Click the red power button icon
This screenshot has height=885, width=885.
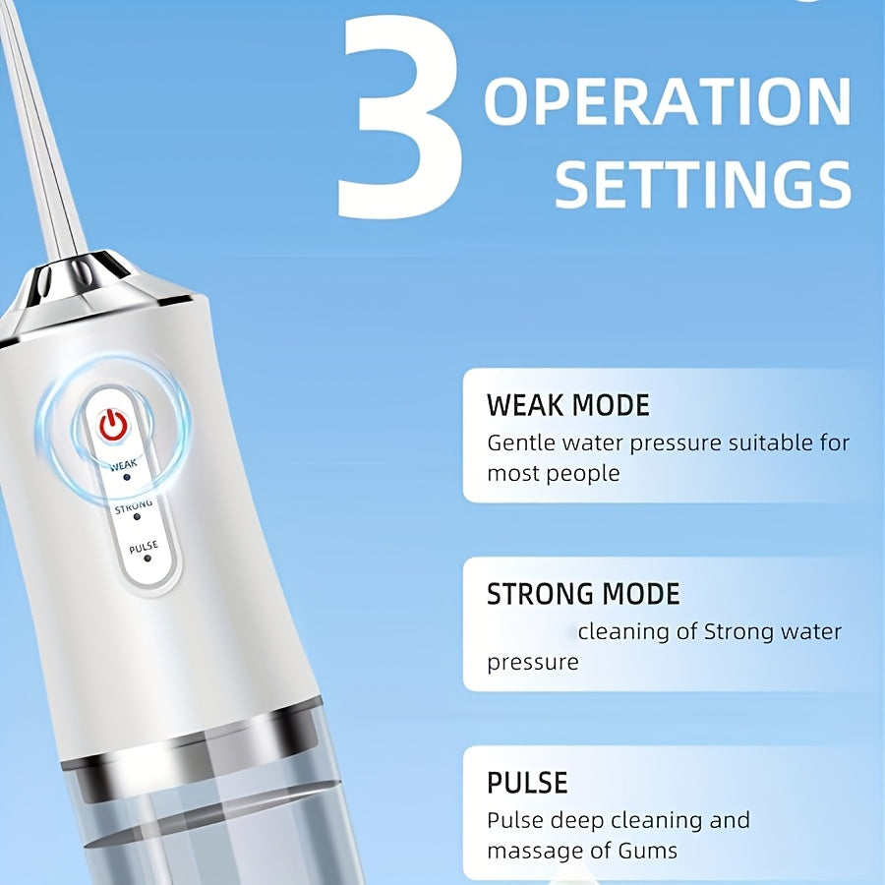[x=113, y=425]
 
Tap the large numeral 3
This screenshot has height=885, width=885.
[x=401, y=117]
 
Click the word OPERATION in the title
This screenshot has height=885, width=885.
[x=668, y=101]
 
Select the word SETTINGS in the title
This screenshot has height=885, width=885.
[x=703, y=184]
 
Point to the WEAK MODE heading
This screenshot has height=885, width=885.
[x=568, y=405]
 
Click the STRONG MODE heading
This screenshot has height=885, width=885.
[x=583, y=594]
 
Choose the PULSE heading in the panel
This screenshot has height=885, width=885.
[x=527, y=783]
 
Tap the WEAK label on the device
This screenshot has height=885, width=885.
[x=123, y=465]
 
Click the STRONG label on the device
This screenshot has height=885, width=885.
[x=134, y=506]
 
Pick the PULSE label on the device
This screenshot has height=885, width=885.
[x=144, y=547]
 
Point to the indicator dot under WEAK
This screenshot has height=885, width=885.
[x=127, y=478]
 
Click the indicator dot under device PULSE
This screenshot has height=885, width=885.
[x=147, y=559]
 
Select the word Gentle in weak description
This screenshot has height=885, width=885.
[x=521, y=443]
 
